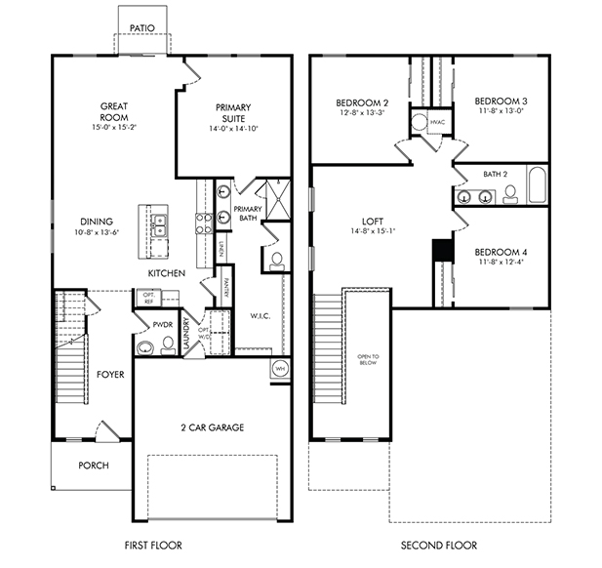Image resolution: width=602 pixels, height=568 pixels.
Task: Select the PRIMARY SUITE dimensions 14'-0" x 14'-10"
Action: [x=230, y=129]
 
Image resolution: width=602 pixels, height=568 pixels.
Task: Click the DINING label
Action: [x=97, y=221]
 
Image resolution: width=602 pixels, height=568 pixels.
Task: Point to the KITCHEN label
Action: [x=166, y=273]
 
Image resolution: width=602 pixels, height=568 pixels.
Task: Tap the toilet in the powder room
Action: [x=147, y=347]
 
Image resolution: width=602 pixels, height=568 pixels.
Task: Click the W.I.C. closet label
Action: [x=260, y=315]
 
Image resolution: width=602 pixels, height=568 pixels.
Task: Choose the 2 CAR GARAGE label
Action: [x=212, y=427]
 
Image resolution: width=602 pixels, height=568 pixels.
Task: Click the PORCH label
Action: [x=94, y=466]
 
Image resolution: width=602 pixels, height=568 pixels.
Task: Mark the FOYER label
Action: [x=110, y=374]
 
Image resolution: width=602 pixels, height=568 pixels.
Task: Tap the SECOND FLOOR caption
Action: [x=444, y=545]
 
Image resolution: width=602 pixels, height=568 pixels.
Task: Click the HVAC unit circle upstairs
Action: [x=420, y=123]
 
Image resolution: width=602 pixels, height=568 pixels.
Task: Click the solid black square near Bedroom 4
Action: [x=443, y=249]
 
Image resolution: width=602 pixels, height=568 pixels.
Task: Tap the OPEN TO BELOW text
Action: [x=368, y=360]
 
